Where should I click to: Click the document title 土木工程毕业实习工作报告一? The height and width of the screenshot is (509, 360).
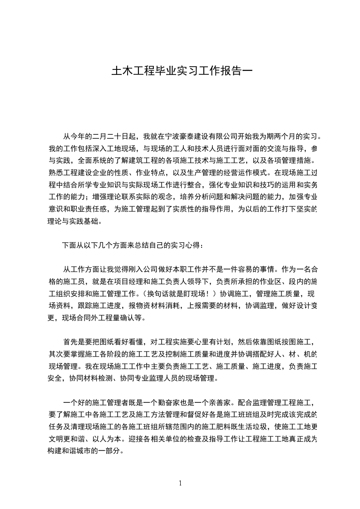[x=180, y=72]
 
